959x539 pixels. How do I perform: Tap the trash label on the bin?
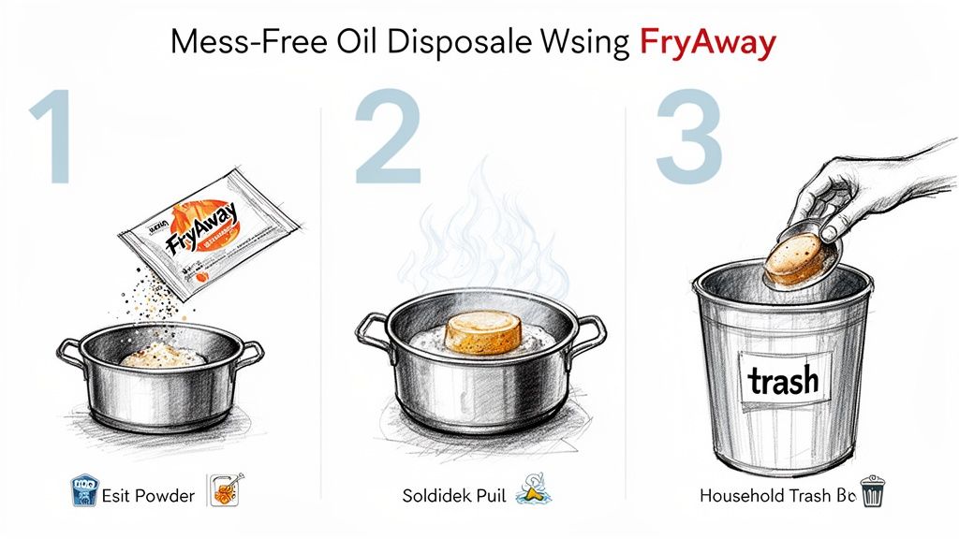click(x=783, y=379)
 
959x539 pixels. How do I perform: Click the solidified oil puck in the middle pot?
click(x=481, y=333)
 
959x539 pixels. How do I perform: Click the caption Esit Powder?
click(x=149, y=495)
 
